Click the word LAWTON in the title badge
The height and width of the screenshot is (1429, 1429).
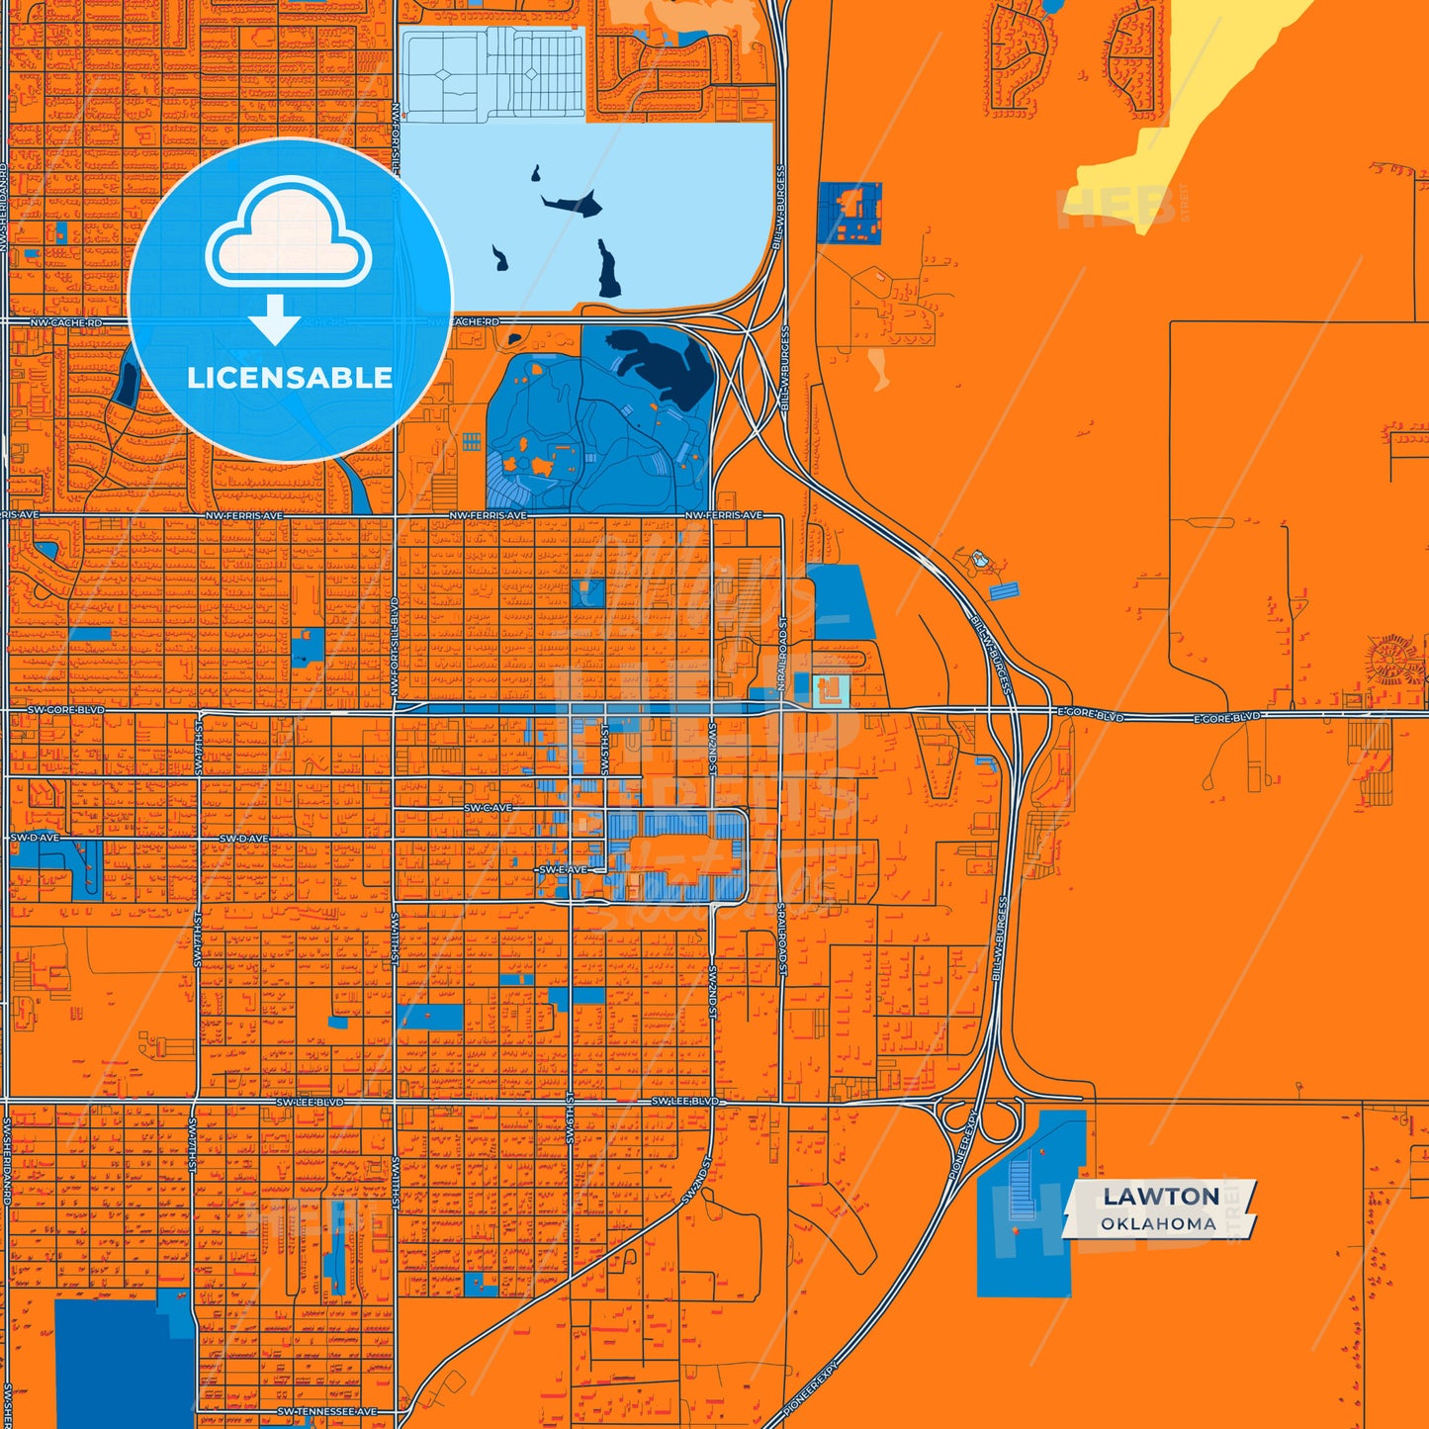pos(1161,1196)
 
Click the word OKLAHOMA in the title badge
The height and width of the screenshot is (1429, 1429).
pos(1158,1223)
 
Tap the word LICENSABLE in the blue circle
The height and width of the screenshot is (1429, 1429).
pos(290,378)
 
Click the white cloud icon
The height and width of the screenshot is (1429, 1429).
pos(288,234)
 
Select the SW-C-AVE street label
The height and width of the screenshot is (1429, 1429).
pos(489,808)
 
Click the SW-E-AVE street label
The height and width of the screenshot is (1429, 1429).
pos(563,869)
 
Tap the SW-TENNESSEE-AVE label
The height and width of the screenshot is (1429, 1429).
pos(327,1411)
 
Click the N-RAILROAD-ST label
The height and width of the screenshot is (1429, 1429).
pos(780,656)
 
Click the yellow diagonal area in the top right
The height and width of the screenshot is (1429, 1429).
pos(1187,119)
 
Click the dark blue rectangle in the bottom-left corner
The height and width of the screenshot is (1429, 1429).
pos(124,1365)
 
